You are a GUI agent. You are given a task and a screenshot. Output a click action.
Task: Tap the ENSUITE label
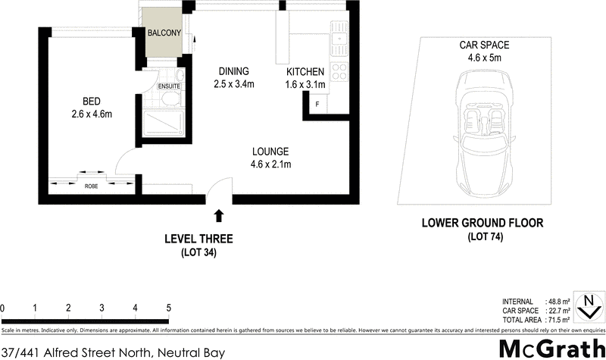[x=168, y=86]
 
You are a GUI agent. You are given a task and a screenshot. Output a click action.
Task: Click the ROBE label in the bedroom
[x=91, y=186]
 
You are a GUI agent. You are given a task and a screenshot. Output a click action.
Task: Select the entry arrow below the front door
[x=220, y=216]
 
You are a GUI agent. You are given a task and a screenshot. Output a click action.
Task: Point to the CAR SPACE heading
[x=481, y=45]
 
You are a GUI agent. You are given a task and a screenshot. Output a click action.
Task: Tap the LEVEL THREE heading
[x=198, y=239]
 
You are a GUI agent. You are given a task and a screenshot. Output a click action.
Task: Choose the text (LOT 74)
[x=482, y=237]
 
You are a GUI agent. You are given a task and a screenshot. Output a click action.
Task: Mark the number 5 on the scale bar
[x=168, y=308]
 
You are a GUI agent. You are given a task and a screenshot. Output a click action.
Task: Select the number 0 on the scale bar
[x=3, y=308]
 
